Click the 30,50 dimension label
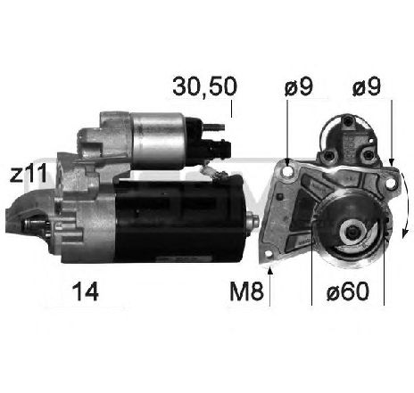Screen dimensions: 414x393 point(205,86)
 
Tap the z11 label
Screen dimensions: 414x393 point(29,173)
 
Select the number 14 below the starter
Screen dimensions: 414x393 point(86,291)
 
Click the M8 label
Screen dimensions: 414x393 point(246,291)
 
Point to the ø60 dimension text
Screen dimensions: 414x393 point(348,291)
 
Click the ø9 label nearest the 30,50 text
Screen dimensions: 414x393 point(299,86)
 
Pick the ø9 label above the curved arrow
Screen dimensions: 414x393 point(367,86)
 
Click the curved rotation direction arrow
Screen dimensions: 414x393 point(407,205)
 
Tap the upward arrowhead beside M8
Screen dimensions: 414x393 point(270,270)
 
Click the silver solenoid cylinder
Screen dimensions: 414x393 point(157,141)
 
